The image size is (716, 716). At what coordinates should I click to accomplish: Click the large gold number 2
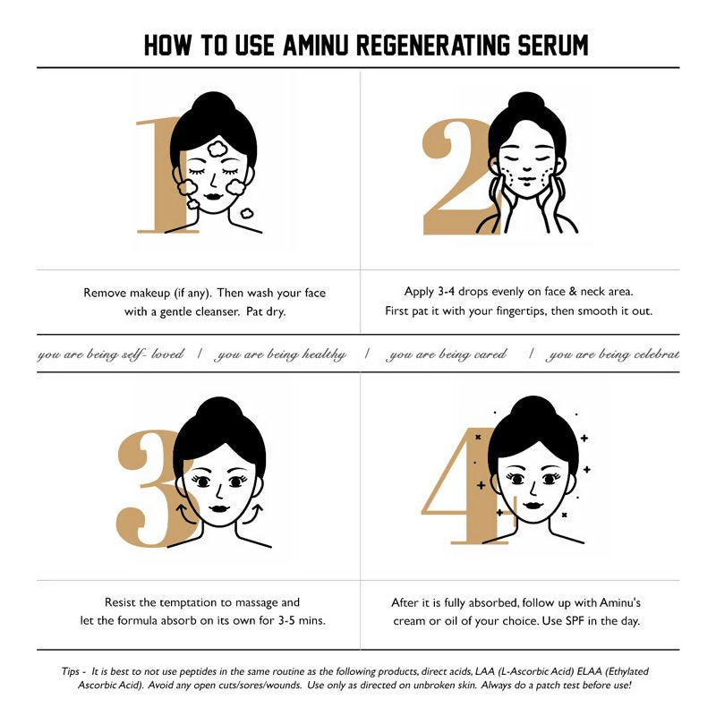pyautogui.click(x=456, y=177)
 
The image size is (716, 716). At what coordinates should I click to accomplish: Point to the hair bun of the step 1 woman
pyautogui.click(x=213, y=104)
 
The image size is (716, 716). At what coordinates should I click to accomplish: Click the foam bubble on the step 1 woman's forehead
pyautogui.click(x=217, y=149)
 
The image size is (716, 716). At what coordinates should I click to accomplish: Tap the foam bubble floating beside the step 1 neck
pyautogui.click(x=246, y=213)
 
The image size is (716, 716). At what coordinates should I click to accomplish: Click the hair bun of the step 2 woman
pyautogui.click(x=526, y=104)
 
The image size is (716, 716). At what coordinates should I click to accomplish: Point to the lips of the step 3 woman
pyautogui.click(x=219, y=508)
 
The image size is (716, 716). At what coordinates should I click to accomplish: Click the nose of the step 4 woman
pyautogui.click(x=533, y=489)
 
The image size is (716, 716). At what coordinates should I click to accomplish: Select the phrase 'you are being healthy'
pyautogui.click(x=280, y=354)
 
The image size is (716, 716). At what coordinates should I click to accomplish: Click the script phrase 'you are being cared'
pyautogui.click(x=446, y=354)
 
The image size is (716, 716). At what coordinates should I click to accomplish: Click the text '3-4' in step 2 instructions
pyautogui.click(x=446, y=292)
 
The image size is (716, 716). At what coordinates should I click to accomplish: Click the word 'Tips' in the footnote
pyautogui.click(x=71, y=671)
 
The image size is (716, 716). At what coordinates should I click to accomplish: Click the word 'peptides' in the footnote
pyautogui.click(x=198, y=672)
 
